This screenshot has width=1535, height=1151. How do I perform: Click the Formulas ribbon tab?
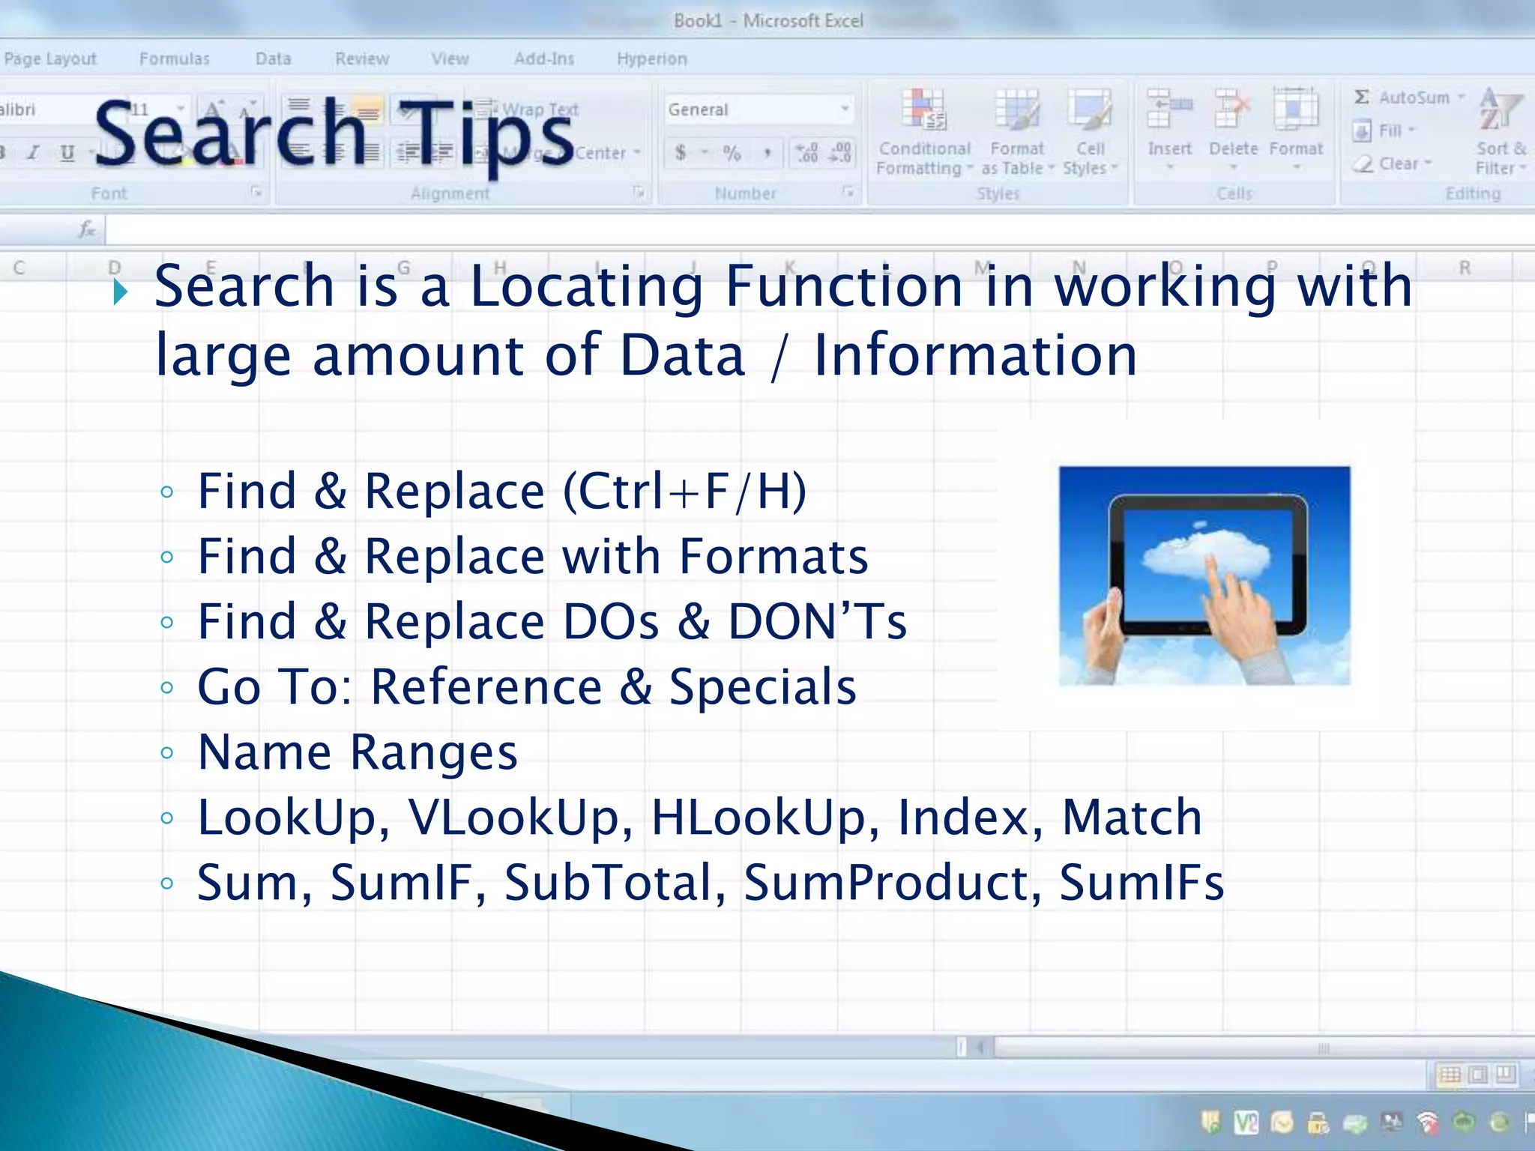[174, 58]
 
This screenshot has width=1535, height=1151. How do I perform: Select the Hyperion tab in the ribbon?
[651, 58]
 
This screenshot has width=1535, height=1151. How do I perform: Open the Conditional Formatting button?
[923, 135]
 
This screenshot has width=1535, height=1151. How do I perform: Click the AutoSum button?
[1407, 97]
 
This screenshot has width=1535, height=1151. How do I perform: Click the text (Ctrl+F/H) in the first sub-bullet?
[684, 492]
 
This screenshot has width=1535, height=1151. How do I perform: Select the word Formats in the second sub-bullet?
[773, 557]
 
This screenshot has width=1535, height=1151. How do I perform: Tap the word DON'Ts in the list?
[817, 622]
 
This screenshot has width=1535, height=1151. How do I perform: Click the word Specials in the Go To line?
[762, 687]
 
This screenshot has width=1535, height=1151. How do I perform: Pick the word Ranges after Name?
[434, 752]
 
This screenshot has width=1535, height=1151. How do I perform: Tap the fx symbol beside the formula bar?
[87, 229]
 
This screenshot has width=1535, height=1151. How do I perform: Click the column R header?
[1464, 268]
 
